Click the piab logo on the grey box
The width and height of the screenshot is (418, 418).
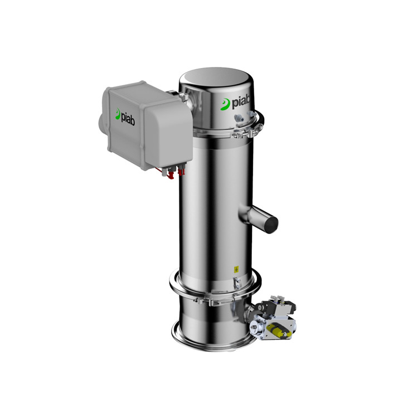125,117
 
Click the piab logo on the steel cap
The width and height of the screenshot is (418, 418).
235,104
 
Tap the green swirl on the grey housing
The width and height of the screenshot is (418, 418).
118,114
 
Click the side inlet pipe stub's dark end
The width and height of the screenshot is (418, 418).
270,224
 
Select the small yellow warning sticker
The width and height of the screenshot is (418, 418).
236,269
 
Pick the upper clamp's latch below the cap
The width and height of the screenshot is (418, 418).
243,134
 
